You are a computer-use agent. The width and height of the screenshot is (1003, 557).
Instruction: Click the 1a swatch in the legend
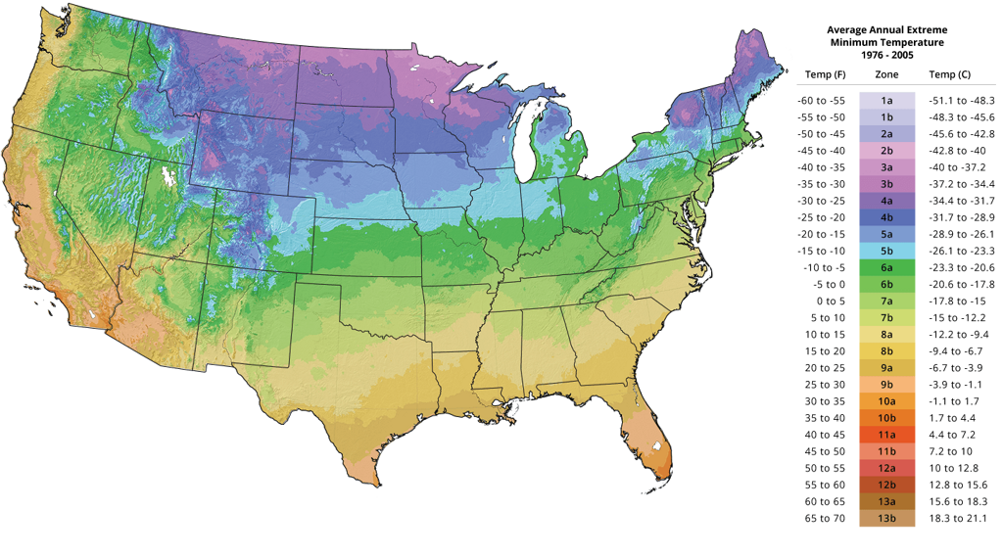(x=886, y=100)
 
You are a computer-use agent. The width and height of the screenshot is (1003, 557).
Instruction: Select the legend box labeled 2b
(x=886, y=150)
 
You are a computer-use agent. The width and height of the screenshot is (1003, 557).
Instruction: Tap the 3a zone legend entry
(x=886, y=166)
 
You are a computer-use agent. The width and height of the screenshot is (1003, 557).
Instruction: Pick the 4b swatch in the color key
(x=886, y=216)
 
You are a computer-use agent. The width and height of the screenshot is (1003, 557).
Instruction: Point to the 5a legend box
(x=886, y=233)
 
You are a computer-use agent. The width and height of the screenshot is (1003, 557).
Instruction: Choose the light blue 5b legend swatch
(x=886, y=250)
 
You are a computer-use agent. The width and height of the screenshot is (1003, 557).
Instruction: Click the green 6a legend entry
(x=886, y=266)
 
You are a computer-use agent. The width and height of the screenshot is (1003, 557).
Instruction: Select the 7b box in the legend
(x=886, y=317)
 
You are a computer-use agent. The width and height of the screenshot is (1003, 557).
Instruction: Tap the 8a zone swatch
(x=886, y=334)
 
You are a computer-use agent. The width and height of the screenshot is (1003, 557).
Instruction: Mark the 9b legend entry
(x=886, y=384)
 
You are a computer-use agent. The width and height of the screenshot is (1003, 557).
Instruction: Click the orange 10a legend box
(x=886, y=400)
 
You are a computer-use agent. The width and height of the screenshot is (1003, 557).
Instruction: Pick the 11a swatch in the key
(x=886, y=434)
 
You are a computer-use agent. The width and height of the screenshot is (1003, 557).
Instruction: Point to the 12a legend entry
(x=886, y=468)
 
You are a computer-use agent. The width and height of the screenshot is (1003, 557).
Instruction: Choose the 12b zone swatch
(x=886, y=485)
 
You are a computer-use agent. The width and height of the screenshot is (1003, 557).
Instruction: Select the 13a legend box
(x=886, y=501)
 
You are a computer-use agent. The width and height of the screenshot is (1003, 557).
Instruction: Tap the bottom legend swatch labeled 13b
(x=886, y=518)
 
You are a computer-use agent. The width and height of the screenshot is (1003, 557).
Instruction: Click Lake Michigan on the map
(x=534, y=147)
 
